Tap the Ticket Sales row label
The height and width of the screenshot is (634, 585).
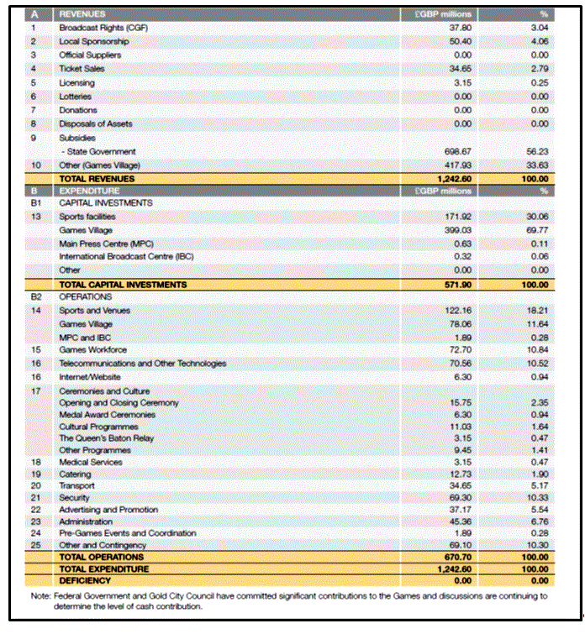(83, 68)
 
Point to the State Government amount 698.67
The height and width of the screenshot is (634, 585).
(456, 151)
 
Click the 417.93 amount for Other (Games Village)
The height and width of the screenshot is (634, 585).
(456, 165)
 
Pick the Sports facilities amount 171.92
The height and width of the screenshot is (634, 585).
(456, 217)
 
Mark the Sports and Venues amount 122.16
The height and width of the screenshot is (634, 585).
(456, 311)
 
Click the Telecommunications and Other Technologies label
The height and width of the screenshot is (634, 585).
(142, 364)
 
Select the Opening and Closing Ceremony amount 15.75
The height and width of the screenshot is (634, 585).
(458, 403)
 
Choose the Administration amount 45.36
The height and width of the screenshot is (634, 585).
(458, 521)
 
